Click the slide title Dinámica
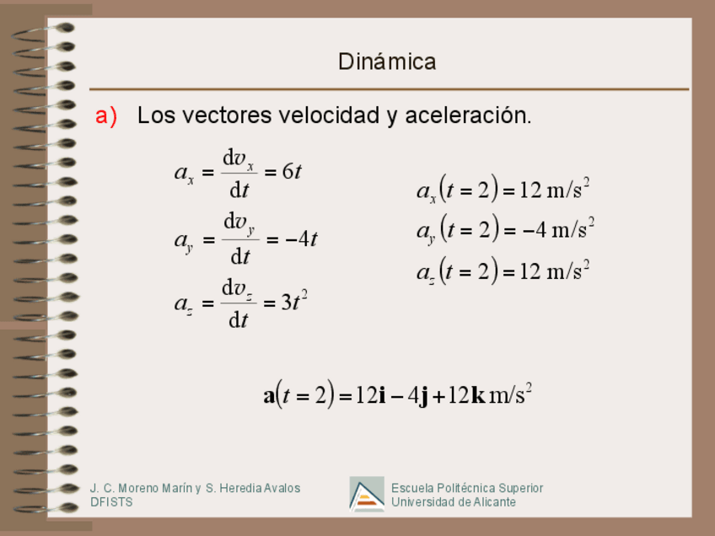coord(387,62)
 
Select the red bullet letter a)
coord(106,115)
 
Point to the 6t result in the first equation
coord(292,171)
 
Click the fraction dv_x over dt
coord(239,173)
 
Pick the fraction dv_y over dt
coord(239,239)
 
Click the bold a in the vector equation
coord(270,395)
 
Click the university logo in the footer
coord(367,494)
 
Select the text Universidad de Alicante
coord(453,502)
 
